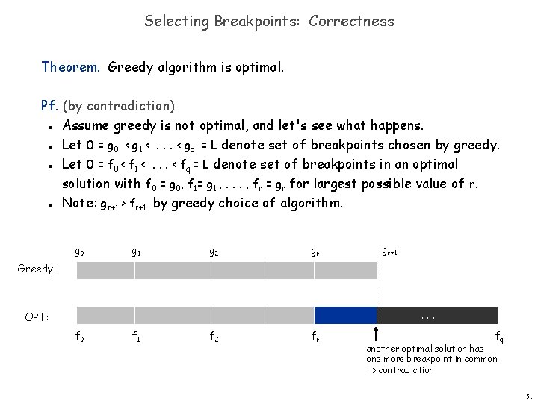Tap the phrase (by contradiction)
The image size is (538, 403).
[119, 106]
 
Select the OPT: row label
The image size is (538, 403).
[37, 317]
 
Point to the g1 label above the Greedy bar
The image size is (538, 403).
[137, 252]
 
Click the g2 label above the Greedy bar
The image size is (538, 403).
[214, 252]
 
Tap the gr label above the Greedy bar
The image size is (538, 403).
[316, 252]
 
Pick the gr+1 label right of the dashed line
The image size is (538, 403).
[389, 252]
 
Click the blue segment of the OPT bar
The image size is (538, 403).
[345, 315]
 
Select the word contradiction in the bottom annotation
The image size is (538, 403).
[406, 370]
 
